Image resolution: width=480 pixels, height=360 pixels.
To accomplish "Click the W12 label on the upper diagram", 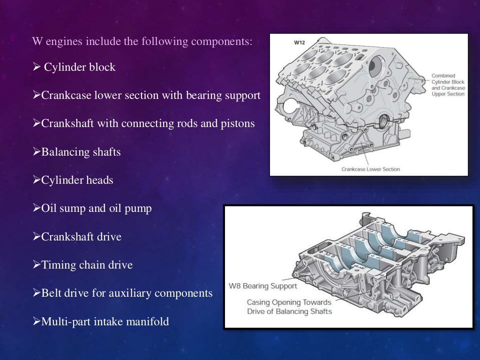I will coord(299,43).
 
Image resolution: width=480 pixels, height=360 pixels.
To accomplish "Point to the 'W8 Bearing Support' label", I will coord(262,286).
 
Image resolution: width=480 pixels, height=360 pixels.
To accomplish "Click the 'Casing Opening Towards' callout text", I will coord(289,302).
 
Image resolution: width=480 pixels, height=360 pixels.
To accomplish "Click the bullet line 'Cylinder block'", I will coord(79,67).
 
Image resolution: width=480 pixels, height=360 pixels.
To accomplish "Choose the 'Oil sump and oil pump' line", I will coord(96,208).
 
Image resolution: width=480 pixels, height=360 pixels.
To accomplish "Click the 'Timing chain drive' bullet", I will coord(87,265).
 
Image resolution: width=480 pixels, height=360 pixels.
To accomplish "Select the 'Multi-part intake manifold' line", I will coord(105,322).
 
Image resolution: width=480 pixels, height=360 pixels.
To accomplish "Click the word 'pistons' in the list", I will coord(239,124).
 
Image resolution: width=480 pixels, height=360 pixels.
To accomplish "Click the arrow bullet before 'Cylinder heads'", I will coord(37,180).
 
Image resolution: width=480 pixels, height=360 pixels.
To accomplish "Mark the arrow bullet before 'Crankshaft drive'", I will coord(37,237).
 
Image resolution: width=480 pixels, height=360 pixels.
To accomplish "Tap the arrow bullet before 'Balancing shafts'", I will coord(37,152).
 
